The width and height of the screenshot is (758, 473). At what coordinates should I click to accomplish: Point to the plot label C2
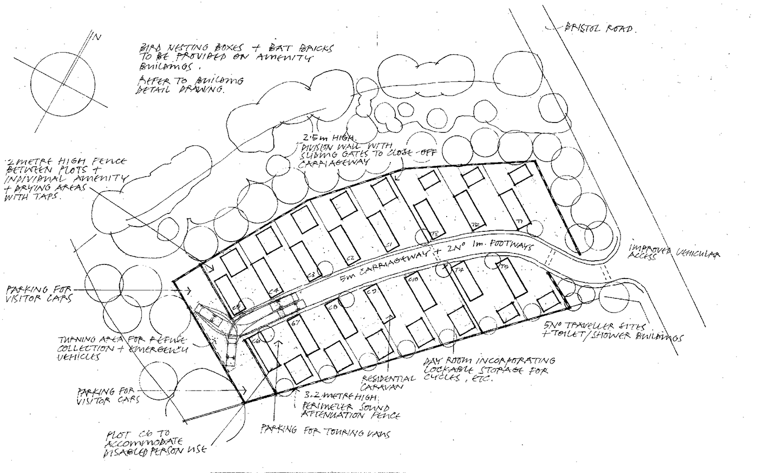[x=350, y=258]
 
